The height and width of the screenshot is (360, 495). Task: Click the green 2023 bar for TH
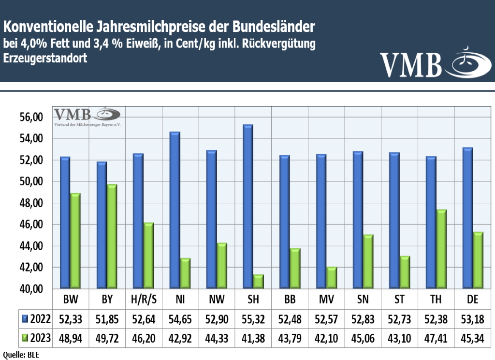point(441,249)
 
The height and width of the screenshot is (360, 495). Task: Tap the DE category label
point(473,300)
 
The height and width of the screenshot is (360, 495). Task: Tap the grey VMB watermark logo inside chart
point(87,117)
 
